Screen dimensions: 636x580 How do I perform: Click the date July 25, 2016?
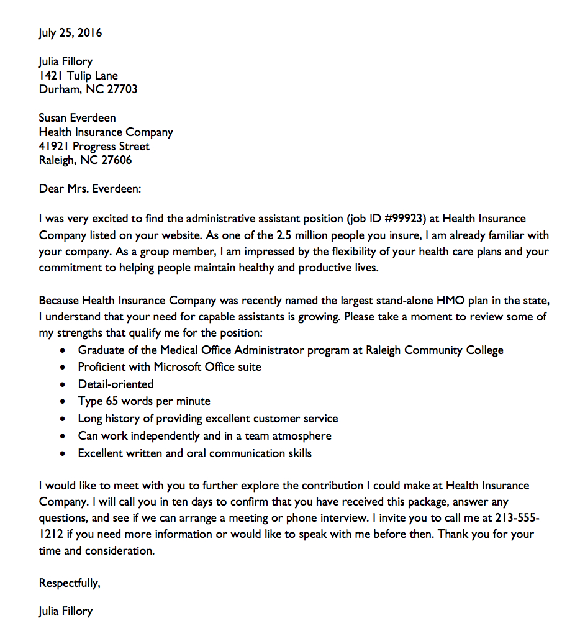pos(70,33)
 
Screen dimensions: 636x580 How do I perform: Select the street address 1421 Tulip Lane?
pos(78,76)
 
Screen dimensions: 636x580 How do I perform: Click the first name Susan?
pos(54,118)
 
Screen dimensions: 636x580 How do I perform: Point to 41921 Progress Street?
pos(94,147)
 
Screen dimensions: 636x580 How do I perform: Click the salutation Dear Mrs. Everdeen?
pos(90,188)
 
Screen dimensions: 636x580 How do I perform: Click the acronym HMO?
pos(451,301)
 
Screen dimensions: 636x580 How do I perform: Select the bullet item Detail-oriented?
pos(116,384)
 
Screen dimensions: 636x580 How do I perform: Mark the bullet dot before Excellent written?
pos(62,454)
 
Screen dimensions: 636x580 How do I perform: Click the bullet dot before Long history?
pos(62,419)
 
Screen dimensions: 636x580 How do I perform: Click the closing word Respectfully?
pos(68,583)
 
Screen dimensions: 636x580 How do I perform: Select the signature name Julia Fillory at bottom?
pos(65,611)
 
